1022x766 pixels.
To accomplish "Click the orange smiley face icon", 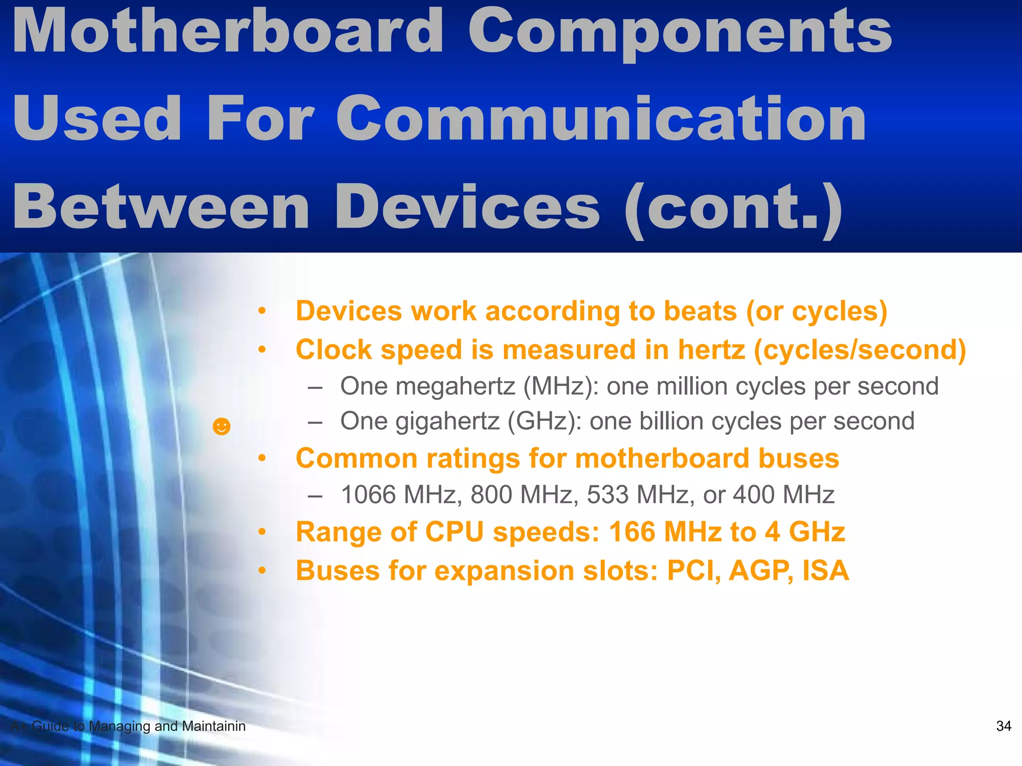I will click(222, 427).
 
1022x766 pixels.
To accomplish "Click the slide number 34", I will click(1003, 726).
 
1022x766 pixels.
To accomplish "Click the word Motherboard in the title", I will click(228, 32).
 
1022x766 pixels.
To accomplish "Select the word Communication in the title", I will click(601, 119).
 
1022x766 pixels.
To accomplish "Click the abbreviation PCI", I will click(694, 571).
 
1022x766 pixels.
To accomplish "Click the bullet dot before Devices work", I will click(262, 312).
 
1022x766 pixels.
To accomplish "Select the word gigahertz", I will click(447, 421).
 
